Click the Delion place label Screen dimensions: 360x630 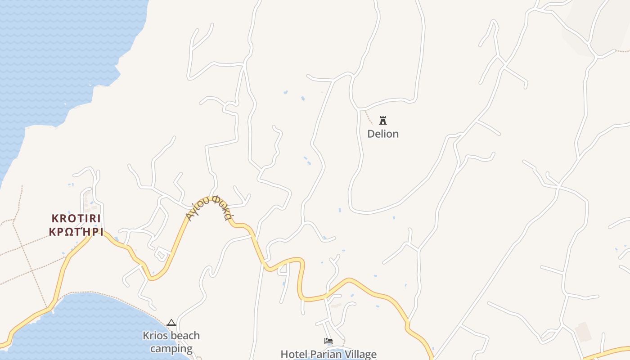(383, 134)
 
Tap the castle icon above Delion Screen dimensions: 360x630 (383, 120)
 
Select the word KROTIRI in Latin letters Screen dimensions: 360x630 (76, 219)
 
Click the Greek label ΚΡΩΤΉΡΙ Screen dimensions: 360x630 (76, 232)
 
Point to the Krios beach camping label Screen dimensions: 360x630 (171, 342)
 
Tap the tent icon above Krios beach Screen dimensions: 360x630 (171, 323)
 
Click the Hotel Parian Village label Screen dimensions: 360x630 (328, 354)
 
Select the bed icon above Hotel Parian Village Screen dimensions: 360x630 (328, 341)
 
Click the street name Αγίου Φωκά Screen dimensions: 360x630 (209, 207)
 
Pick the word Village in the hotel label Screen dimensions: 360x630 (360, 354)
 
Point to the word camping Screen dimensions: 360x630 (171, 349)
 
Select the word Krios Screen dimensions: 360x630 (154, 336)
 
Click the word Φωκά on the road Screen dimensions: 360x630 (222, 207)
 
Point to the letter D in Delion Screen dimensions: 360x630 (371, 134)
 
